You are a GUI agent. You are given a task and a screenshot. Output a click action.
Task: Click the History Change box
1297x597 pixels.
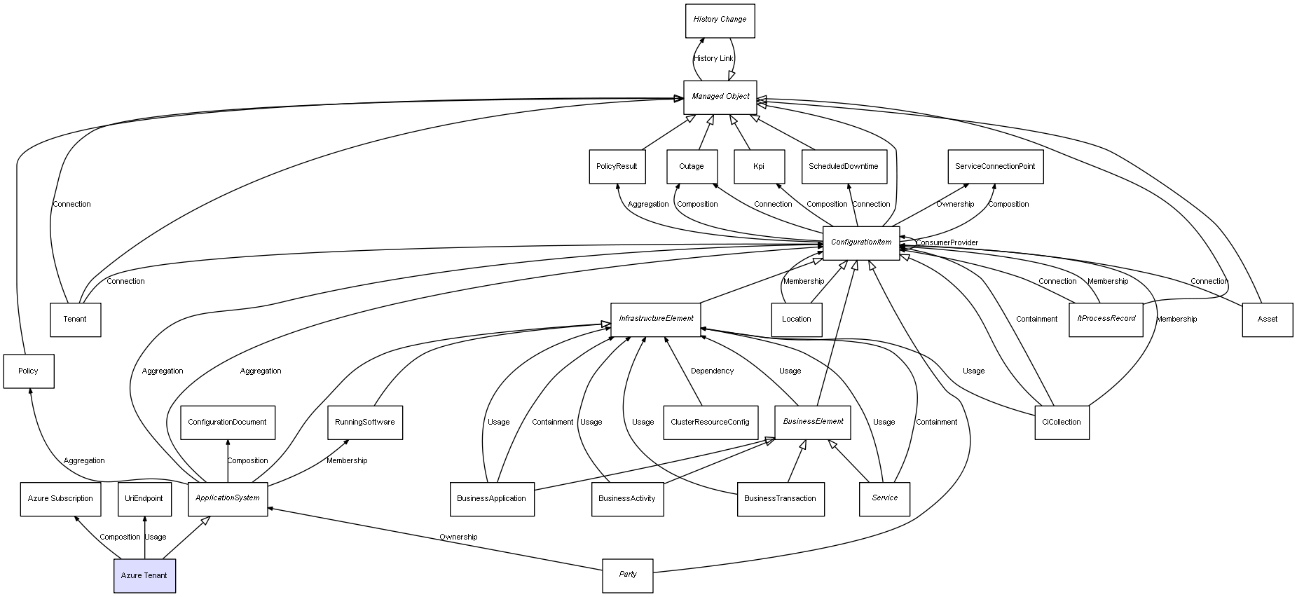(720, 20)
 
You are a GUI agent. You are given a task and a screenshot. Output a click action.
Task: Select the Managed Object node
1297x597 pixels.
(720, 97)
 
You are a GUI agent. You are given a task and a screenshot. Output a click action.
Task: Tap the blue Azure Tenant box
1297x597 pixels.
(144, 575)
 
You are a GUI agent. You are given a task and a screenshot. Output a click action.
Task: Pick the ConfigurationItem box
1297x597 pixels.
(860, 242)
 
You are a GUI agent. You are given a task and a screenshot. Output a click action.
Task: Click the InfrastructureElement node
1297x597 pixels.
(655, 319)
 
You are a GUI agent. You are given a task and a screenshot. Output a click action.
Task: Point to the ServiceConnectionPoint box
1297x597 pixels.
(995, 167)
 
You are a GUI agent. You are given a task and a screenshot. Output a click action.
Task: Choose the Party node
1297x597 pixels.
(628, 575)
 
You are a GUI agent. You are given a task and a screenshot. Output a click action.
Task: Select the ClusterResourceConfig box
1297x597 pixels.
(710, 422)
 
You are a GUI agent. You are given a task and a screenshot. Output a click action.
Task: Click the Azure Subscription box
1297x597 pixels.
(60, 499)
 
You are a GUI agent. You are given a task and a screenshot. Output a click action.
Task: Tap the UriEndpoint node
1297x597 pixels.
(144, 499)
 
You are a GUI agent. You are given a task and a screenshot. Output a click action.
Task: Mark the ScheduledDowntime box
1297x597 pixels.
(844, 167)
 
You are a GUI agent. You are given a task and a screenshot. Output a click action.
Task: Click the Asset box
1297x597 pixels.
(1267, 320)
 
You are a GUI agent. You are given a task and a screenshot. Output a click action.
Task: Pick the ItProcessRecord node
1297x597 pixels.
(1106, 319)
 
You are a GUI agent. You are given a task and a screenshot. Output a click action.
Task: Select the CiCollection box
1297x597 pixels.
(1062, 422)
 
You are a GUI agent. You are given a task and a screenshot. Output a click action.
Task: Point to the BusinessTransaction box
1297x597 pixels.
(780, 499)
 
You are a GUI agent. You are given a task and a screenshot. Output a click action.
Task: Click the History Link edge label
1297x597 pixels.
(713, 59)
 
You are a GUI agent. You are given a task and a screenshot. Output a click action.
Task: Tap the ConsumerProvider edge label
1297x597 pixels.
(947, 243)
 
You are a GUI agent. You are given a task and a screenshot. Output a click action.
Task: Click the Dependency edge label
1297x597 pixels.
(712, 371)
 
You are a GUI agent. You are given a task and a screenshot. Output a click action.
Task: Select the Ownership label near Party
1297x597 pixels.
(458, 537)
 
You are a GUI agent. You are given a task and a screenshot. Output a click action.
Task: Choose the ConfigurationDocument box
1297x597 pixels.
(227, 422)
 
